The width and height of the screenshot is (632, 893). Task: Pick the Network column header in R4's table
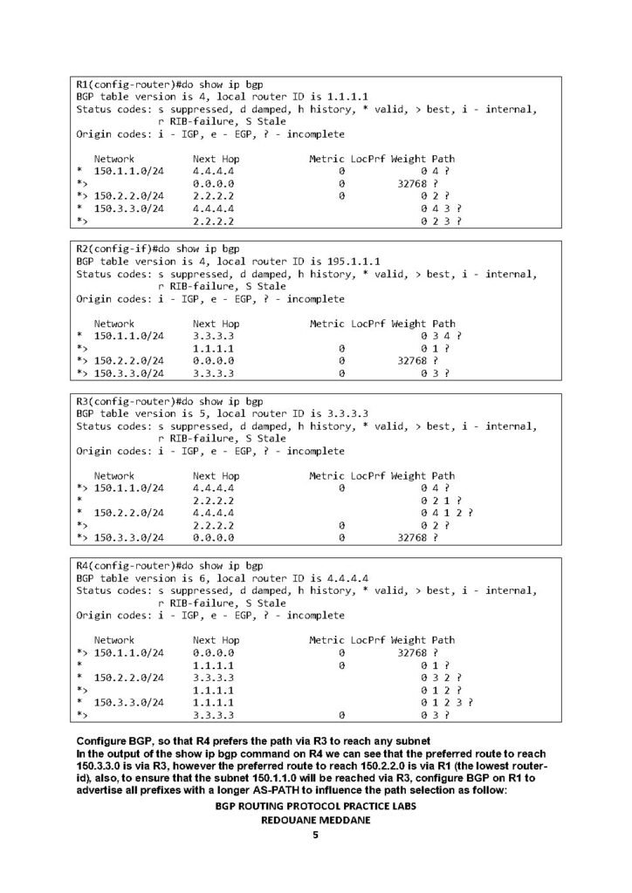(114, 640)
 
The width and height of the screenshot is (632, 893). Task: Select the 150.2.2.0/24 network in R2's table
(128, 361)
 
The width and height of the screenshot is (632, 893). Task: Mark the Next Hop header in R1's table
(216, 159)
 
